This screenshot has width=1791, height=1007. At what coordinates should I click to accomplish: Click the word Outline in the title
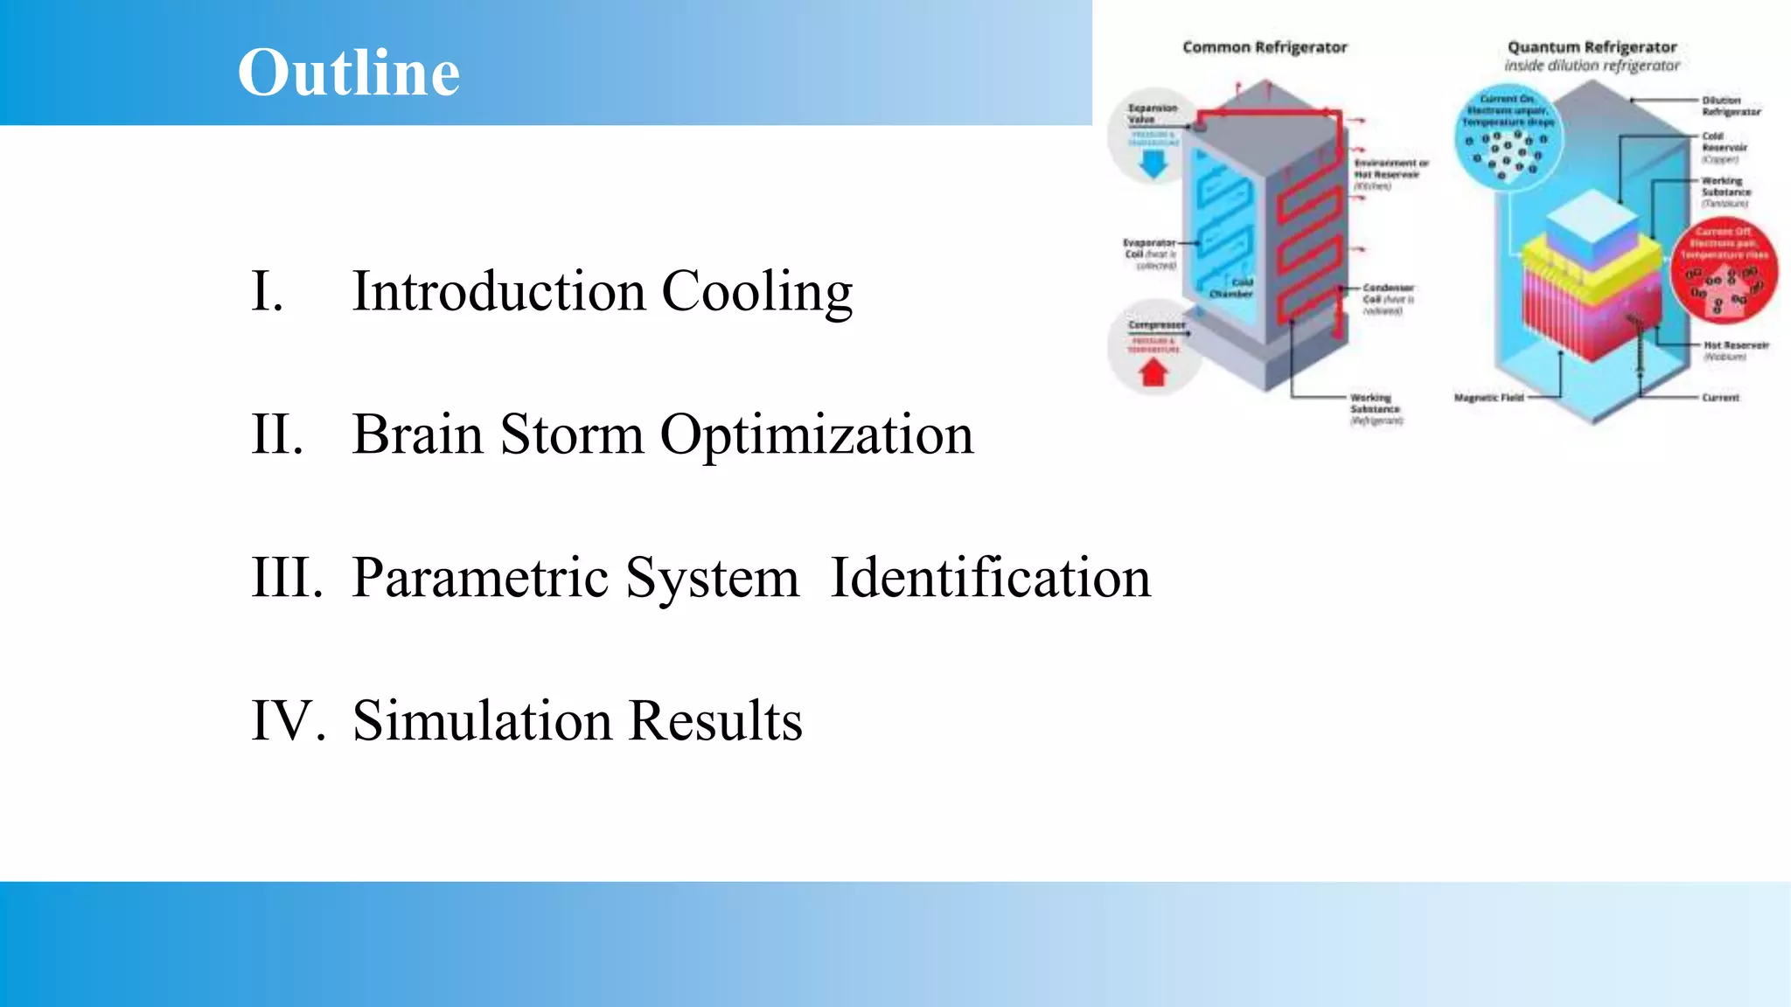tap(348, 72)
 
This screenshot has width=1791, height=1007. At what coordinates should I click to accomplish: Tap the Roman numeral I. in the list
tap(268, 291)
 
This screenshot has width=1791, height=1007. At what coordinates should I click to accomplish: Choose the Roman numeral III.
tap(287, 578)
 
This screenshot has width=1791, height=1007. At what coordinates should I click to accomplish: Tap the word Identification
tap(990, 578)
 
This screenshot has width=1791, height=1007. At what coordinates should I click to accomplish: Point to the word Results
tap(715, 721)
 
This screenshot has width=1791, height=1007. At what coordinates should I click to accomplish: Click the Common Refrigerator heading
tap(1265, 47)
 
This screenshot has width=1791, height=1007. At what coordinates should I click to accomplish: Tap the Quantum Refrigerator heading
tap(1592, 47)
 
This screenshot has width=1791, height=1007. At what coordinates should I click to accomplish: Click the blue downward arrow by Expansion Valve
tap(1153, 163)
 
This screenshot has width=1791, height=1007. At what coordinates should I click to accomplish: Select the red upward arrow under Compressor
tap(1153, 373)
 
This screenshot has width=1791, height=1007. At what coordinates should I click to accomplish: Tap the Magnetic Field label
tap(1488, 398)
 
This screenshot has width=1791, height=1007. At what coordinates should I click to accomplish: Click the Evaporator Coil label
tap(1149, 248)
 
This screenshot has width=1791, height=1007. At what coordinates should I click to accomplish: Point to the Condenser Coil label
tap(1388, 294)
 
